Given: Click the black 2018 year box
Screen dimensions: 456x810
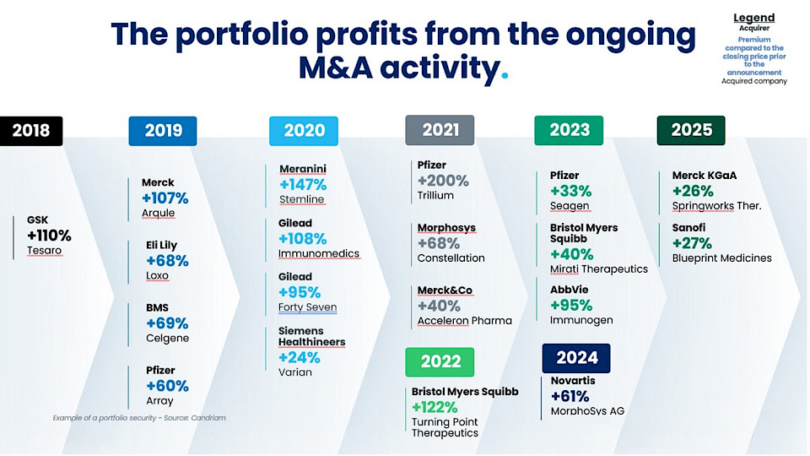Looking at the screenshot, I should [31, 130].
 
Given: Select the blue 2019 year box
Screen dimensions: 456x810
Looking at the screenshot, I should [163, 130].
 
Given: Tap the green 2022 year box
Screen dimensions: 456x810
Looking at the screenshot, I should [440, 361].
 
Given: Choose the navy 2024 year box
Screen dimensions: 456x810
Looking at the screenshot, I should [576, 357].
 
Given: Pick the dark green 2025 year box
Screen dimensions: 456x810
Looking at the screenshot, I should [691, 130].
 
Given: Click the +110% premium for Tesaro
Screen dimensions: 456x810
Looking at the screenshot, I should [49, 236].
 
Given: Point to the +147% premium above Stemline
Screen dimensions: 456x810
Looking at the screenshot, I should [303, 185].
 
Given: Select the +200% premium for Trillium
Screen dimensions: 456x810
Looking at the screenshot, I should [443, 181].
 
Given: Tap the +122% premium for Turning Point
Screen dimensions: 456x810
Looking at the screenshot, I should [435, 407].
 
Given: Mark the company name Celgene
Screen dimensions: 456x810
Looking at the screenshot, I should [167, 338].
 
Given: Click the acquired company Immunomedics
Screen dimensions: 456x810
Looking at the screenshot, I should [319, 253].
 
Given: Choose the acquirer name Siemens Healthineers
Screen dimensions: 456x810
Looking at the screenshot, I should [312, 336].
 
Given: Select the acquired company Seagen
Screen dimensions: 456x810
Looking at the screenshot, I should [570, 206].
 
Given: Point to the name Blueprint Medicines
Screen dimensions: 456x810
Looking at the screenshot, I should [721, 258].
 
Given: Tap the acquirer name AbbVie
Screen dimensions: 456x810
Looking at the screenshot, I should [570, 290].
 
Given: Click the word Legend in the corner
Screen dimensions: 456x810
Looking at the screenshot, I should [753, 18].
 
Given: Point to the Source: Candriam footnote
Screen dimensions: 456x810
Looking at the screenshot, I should [139, 418].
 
